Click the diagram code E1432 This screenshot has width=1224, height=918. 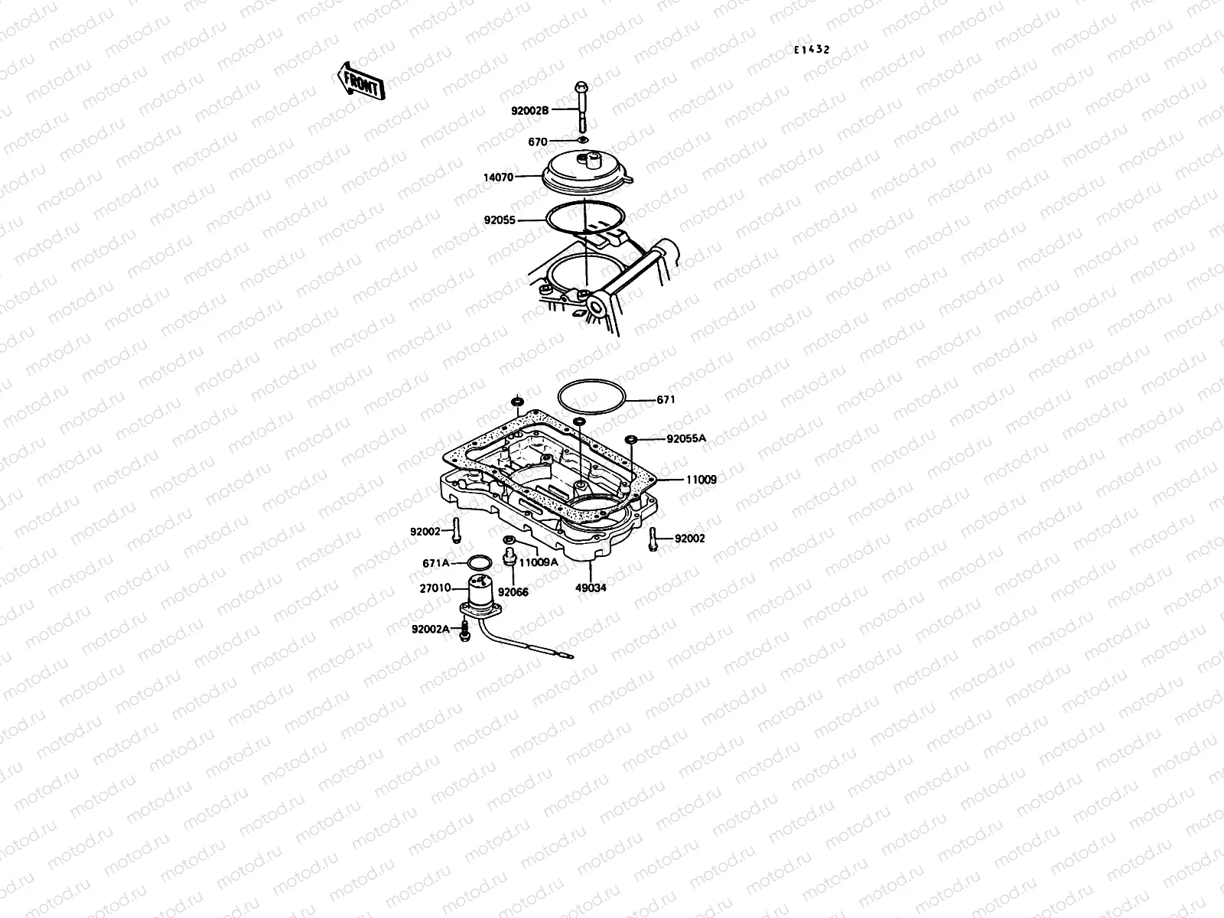click(x=811, y=50)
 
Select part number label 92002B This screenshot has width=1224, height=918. click(x=530, y=111)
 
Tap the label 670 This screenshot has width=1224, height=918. click(x=538, y=142)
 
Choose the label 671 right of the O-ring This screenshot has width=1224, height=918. click(x=666, y=399)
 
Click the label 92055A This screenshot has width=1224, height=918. click(x=686, y=439)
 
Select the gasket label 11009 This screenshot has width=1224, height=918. click(x=701, y=480)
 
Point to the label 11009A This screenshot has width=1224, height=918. click(x=539, y=562)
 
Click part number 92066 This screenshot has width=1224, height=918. click(x=513, y=591)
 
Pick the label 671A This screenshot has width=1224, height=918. click(x=436, y=563)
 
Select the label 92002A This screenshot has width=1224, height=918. click(x=430, y=630)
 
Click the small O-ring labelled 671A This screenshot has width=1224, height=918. click(x=479, y=564)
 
